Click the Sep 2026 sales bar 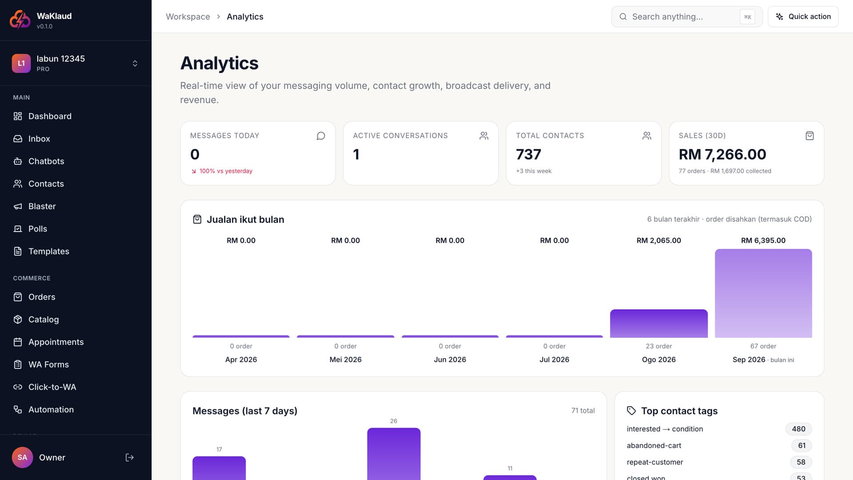pos(763,293)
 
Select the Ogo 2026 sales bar pos(659,324)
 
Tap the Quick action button pos(803,16)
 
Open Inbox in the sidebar pos(39,139)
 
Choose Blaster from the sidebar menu pos(42,206)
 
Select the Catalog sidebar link pos(44,319)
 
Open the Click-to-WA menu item pos(52,387)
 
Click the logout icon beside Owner pos(130,457)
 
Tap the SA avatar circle pos(22,457)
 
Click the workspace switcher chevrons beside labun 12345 pos(135,63)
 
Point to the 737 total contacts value pos(528,154)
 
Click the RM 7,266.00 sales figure pos(722,154)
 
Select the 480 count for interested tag pos(798,429)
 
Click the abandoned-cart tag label pos(654,445)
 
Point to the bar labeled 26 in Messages pos(394,454)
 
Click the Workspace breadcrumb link pos(188,16)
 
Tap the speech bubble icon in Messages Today pos(321,136)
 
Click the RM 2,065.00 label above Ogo pos(659,240)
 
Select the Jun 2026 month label pos(450,360)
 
